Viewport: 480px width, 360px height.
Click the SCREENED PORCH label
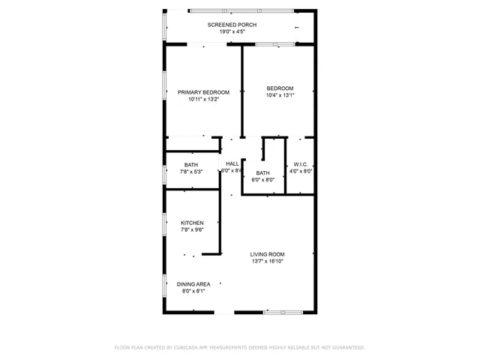pos(232,25)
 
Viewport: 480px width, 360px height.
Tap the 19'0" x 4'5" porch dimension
pos(232,31)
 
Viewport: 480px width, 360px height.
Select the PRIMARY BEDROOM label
pos(203,92)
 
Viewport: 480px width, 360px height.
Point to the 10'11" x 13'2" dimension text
pos(203,99)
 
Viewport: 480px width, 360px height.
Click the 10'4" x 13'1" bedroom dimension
pos(280,95)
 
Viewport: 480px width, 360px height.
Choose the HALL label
pos(232,164)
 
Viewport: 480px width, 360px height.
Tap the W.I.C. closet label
pos(301,164)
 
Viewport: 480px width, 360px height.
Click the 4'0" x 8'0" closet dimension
pos(301,171)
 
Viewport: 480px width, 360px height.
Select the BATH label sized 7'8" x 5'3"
pos(191,165)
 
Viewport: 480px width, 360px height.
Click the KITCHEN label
pos(192,223)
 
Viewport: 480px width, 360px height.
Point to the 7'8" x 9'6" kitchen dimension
pos(192,229)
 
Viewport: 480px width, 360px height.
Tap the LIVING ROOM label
pos(267,254)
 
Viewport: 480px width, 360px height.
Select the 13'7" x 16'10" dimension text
pos(267,261)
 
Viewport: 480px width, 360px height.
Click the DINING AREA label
pos(193,284)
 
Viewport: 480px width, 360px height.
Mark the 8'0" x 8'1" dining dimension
pos(193,291)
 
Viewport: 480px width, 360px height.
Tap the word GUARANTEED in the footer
pos(346,348)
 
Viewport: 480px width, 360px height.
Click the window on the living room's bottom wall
pos(282,312)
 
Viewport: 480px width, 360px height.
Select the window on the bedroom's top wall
pos(275,44)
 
